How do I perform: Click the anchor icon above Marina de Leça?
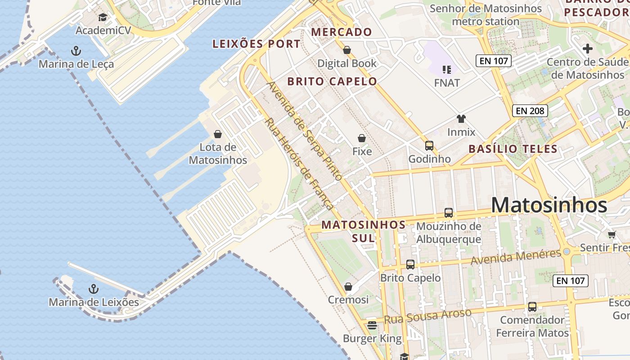[x=76, y=50]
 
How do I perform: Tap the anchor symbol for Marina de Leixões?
[x=94, y=288]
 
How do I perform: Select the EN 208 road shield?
[x=530, y=111]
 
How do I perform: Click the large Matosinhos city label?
[x=549, y=205]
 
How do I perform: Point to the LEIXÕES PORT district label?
[x=256, y=44]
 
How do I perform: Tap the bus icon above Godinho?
[x=429, y=145]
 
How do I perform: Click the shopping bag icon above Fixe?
[x=362, y=138]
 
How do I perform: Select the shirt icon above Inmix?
[x=461, y=119]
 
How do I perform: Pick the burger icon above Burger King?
[x=372, y=325]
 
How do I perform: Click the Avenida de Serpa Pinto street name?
[x=305, y=131]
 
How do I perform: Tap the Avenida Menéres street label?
[x=516, y=257]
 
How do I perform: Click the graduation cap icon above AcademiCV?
[x=103, y=18]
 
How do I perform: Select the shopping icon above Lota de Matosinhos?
[x=218, y=134]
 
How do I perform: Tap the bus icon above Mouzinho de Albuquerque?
[x=449, y=212]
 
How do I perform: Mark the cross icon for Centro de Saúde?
[x=587, y=49]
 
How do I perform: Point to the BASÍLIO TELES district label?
[x=513, y=149]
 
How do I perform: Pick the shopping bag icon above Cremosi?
[x=348, y=287]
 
